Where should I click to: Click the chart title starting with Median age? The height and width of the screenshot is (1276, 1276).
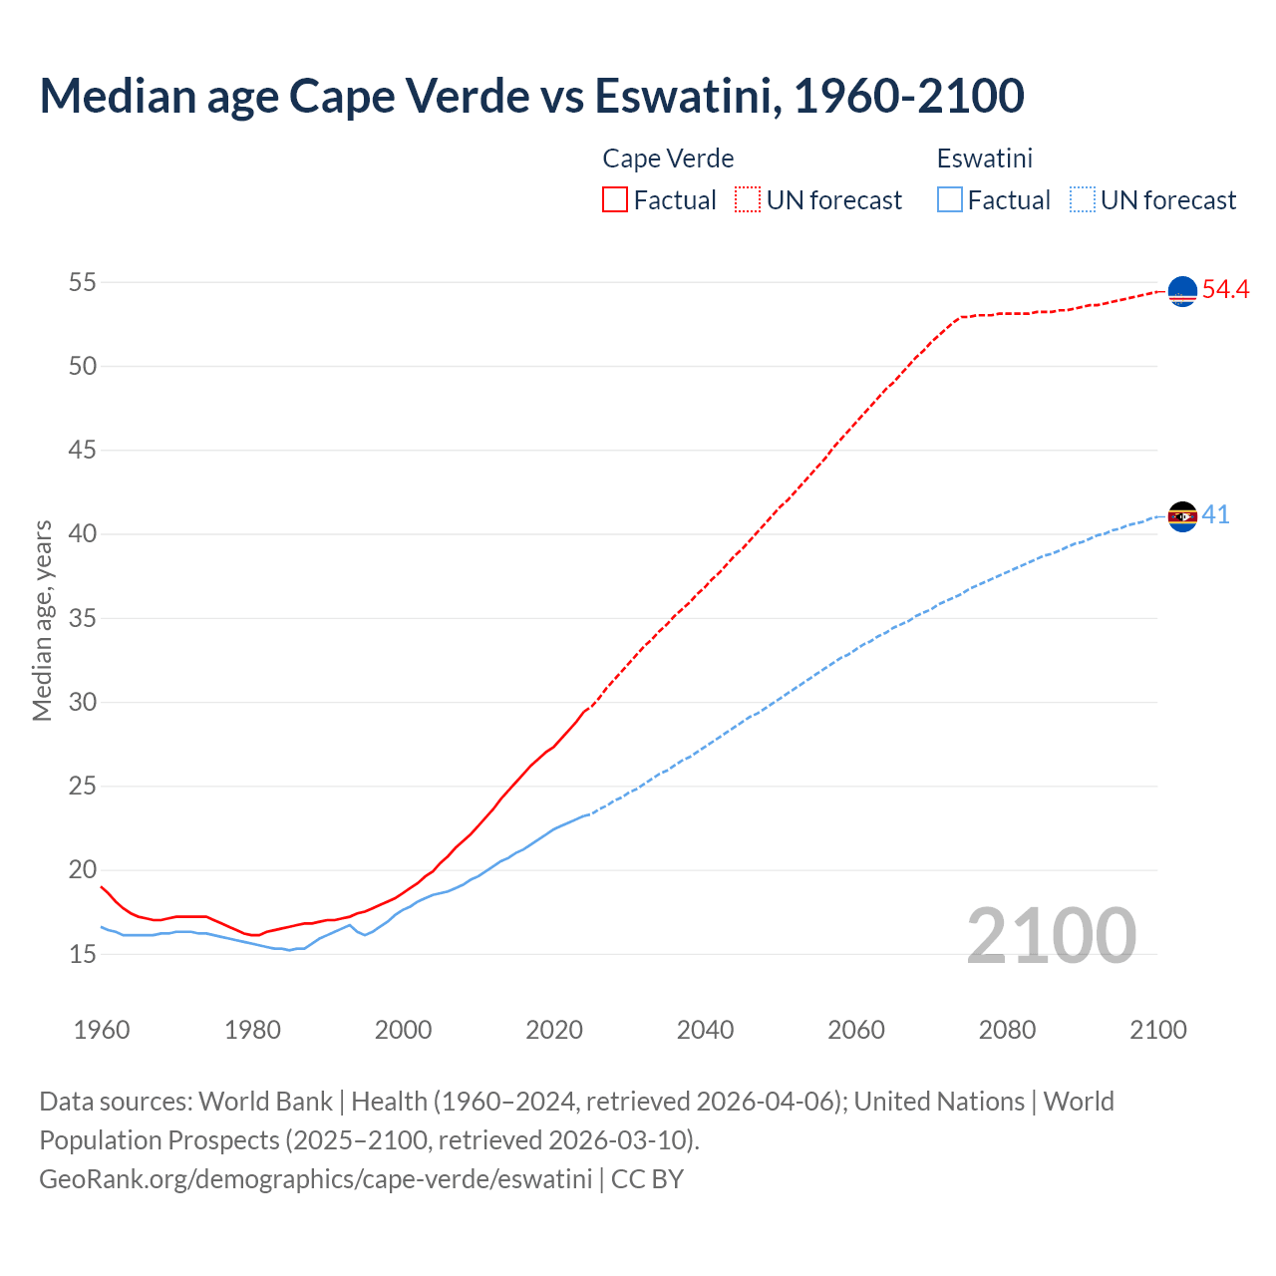531,96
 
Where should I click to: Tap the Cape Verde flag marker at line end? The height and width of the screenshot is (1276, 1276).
1182,291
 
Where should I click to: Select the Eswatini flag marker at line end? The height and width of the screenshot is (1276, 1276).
1182,516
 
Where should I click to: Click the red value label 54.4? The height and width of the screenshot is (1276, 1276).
1225,290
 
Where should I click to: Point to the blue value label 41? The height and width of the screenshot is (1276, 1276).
1215,515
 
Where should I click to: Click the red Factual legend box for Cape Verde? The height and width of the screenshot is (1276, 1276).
615,200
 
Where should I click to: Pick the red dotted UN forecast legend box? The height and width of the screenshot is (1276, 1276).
748,200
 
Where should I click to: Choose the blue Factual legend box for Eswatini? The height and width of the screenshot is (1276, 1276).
950,200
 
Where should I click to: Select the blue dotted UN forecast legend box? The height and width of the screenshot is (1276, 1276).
1082,200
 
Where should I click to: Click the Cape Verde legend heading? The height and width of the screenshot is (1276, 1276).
668,159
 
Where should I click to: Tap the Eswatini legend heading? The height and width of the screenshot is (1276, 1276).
984,159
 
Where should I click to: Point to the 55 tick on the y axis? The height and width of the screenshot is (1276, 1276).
83,282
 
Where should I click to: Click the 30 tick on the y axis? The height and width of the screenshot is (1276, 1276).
83,702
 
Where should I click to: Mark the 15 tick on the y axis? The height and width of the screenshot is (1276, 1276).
83,954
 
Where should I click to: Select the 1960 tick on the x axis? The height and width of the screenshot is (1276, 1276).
102,1030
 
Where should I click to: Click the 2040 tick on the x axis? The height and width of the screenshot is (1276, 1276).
705,1030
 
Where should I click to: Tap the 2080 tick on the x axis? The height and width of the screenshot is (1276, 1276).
1007,1030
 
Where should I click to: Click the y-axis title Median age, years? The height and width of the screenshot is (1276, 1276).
42,619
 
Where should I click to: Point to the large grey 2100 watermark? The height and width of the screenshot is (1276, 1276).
1051,935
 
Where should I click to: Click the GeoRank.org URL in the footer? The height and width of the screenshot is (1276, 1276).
315,1178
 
